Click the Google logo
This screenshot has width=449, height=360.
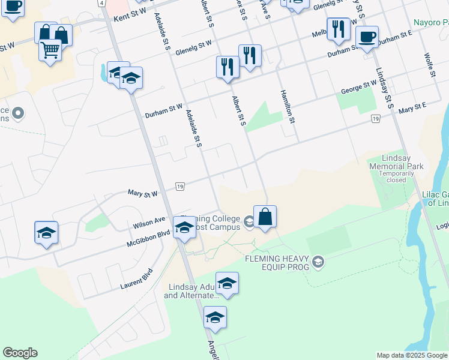[x=20, y=353]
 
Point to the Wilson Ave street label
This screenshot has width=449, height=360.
[x=149, y=223]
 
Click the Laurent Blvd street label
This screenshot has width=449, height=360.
[x=136, y=279]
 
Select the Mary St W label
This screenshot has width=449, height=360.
[x=143, y=193]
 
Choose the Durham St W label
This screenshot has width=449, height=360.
[x=164, y=111]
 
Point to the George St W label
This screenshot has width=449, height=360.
[x=359, y=89]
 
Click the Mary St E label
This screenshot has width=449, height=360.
[x=412, y=109]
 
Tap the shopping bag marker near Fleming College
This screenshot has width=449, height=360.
[x=265, y=217]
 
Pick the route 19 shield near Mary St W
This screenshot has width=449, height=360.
[x=180, y=187]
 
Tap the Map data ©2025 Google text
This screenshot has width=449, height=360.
[x=412, y=355]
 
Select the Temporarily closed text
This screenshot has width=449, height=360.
[x=397, y=176]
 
